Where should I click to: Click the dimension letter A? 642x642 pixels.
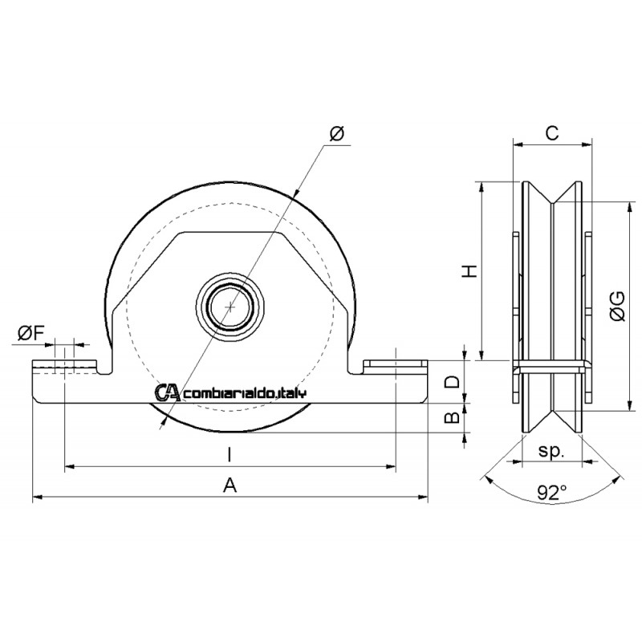(230, 484)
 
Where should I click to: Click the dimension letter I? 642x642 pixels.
(230, 454)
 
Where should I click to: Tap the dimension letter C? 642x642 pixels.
(552, 133)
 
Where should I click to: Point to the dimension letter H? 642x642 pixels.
(471, 270)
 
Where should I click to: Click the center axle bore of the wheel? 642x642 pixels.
(231, 307)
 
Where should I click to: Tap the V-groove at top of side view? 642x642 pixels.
(552, 196)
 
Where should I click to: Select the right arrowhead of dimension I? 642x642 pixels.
(392, 465)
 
